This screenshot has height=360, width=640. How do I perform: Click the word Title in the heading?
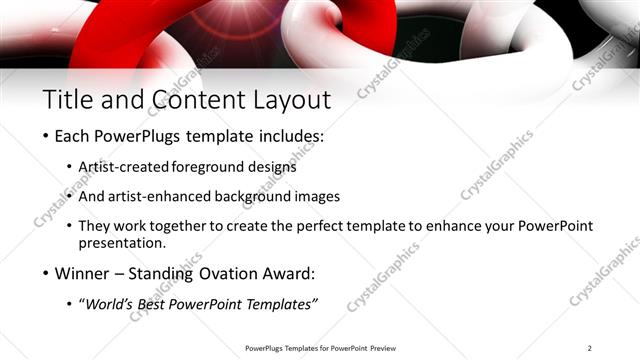pos(66,99)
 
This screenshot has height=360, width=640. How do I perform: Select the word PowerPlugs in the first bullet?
pos(138,135)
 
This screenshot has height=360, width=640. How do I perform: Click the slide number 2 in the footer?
pos(590,348)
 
